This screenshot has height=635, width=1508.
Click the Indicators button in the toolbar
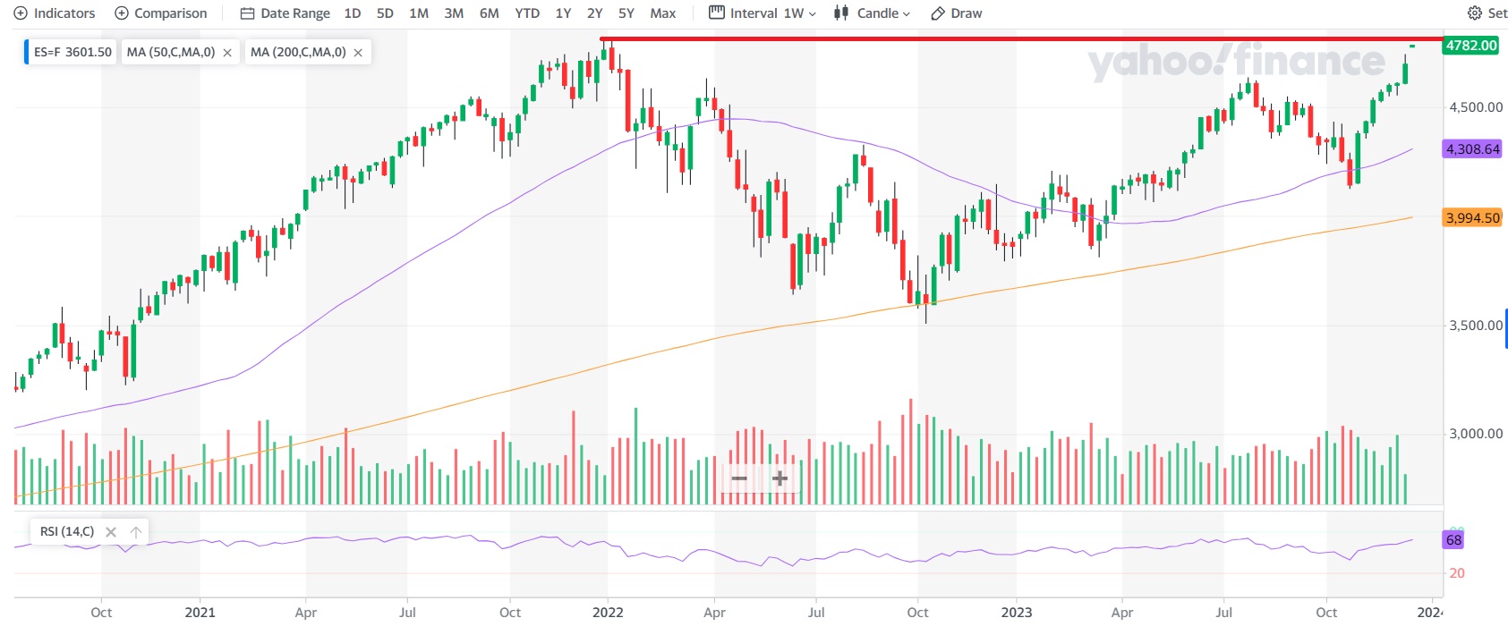click(55, 13)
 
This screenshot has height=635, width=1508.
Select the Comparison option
click(161, 13)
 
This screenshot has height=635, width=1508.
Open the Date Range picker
click(285, 13)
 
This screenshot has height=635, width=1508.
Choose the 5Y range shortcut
click(626, 13)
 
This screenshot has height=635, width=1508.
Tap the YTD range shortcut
click(527, 13)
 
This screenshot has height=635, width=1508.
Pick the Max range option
click(662, 13)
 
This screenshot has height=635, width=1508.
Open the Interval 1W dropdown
click(763, 13)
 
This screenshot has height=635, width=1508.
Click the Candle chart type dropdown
click(872, 13)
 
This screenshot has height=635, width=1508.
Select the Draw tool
click(957, 13)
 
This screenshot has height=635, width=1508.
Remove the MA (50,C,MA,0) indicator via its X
click(227, 53)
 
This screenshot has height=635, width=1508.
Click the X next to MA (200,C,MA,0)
click(358, 53)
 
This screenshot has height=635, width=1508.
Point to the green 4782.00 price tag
click(1470, 46)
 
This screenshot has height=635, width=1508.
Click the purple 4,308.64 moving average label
click(1472, 149)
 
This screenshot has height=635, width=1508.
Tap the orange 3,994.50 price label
click(1472, 218)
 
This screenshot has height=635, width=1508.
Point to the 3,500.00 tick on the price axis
click(1475, 326)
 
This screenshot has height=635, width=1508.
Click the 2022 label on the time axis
click(608, 613)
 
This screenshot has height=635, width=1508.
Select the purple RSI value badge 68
click(1453, 540)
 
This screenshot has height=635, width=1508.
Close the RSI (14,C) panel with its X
click(111, 532)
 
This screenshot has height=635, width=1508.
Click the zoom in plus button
click(780, 478)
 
